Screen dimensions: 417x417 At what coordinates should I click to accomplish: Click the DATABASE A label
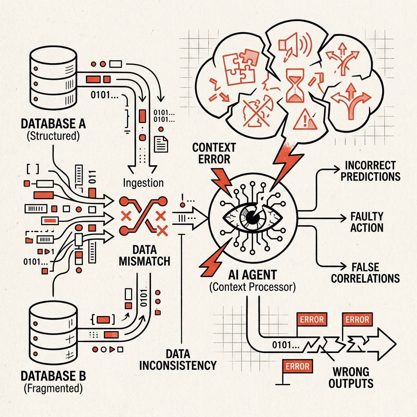click(53, 124)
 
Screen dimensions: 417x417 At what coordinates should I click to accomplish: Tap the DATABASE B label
click(53, 376)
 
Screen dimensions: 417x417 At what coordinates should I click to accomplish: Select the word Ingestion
click(143, 183)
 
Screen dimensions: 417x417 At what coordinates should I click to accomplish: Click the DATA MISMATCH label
click(145, 256)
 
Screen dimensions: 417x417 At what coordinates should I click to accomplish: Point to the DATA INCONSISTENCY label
click(178, 360)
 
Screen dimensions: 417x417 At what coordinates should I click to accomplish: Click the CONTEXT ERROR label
click(214, 153)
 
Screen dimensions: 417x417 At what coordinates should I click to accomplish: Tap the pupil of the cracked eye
click(252, 217)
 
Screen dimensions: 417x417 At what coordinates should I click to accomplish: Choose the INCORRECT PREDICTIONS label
click(371, 171)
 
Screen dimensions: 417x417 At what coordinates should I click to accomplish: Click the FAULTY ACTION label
click(367, 222)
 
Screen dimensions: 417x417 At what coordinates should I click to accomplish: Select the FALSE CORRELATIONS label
click(365, 273)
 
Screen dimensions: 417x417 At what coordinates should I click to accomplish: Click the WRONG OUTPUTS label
click(351, 377)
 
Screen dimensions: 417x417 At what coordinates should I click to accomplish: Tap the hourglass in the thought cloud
click(295, 86)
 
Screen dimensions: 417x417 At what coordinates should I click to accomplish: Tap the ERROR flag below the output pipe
click(297, 366)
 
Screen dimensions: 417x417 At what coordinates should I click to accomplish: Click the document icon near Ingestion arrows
click(161, 144)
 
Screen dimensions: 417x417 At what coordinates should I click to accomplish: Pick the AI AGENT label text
click(252, 275)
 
